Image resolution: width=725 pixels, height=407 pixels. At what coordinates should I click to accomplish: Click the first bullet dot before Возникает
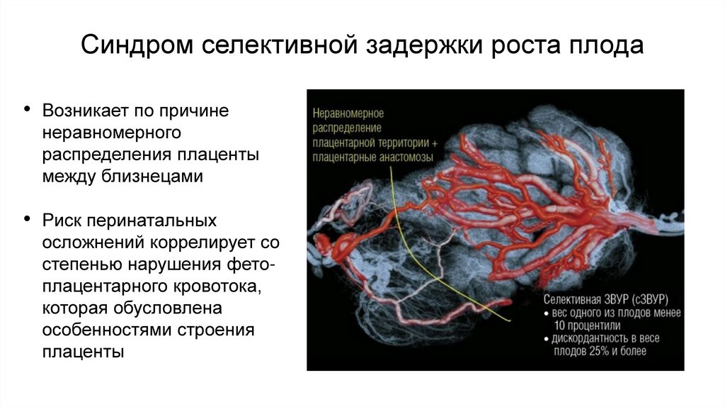pos(28,110)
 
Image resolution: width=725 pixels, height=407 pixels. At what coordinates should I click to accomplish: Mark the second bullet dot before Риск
pos(28,220)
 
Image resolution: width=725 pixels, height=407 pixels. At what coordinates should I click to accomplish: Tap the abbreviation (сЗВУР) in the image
pos(642,298)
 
